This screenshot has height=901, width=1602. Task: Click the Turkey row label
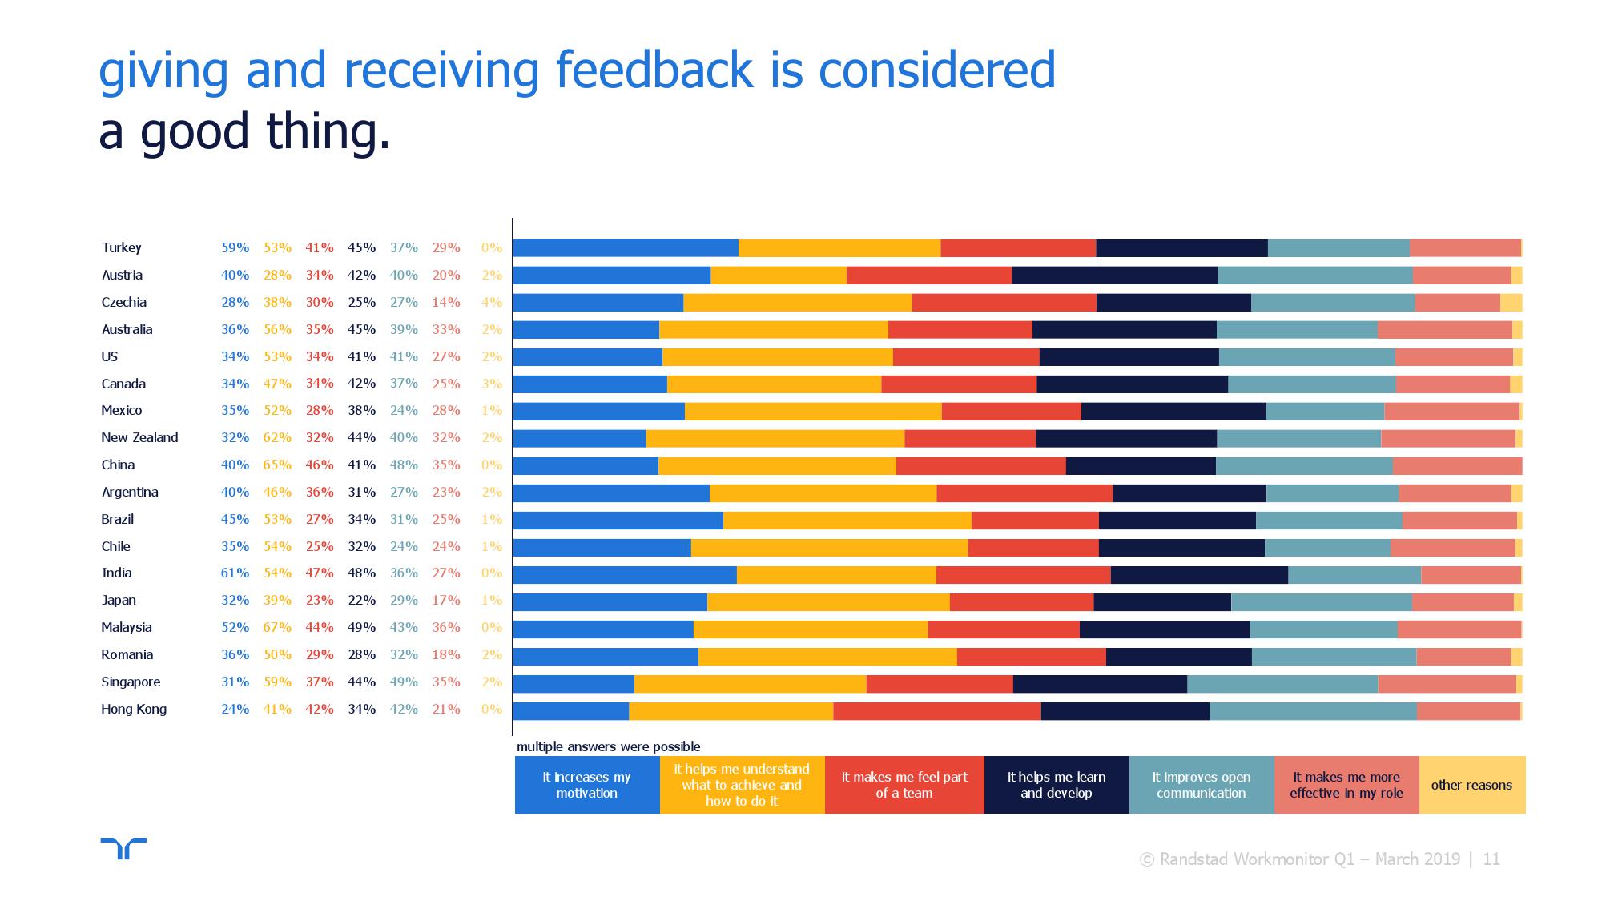(x=121, y=248)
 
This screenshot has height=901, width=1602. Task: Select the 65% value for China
(x=277, y=465)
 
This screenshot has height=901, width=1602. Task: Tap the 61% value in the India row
(x=235, y=573)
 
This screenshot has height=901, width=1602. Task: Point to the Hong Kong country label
(x=134, y=710)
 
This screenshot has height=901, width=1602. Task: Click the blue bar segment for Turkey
(x=626, y=248)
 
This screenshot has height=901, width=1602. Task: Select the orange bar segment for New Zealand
(x=775, y=438)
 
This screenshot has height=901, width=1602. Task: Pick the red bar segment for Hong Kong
(x=936, y=710)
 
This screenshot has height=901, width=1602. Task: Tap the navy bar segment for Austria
(x=1114, y=276)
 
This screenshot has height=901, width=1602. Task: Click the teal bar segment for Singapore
(x=1282, y=683)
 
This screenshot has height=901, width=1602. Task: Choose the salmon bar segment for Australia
(x=1444, y=330)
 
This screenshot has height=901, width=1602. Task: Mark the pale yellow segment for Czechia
(x=1511, y=303)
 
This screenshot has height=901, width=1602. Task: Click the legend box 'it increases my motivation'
(x=586, y=785)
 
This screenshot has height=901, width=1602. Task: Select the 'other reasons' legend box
(x=1471, y=785)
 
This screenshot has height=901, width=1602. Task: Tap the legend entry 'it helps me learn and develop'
(x=1056, y=785)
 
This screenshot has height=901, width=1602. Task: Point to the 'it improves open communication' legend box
(x=1201, y=785)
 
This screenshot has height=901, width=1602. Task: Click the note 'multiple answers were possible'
(x=608, y=746)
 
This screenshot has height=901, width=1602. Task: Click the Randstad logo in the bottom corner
(x=123, y=848)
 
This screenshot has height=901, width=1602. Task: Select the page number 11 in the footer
(x=1491, y=859)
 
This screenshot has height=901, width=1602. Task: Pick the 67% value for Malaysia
(x=277, y=628)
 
